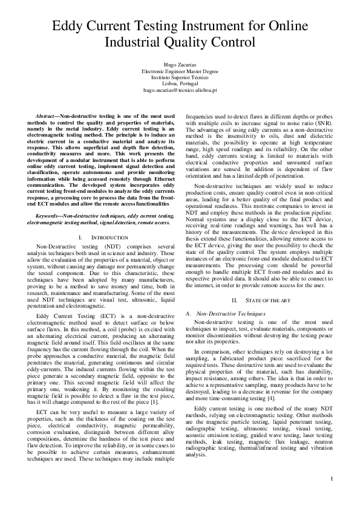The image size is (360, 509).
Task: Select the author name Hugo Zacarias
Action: click(x=180, y=64)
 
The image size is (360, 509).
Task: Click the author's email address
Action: click(x=180, y=89)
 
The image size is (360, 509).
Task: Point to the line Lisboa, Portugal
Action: click(x=180, y=83)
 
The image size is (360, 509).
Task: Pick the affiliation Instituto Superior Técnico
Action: click(x=180, y=77)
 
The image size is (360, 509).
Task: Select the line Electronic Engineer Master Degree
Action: click(x=180, y=71)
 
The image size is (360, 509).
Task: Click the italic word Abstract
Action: click(x=46, y=115)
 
